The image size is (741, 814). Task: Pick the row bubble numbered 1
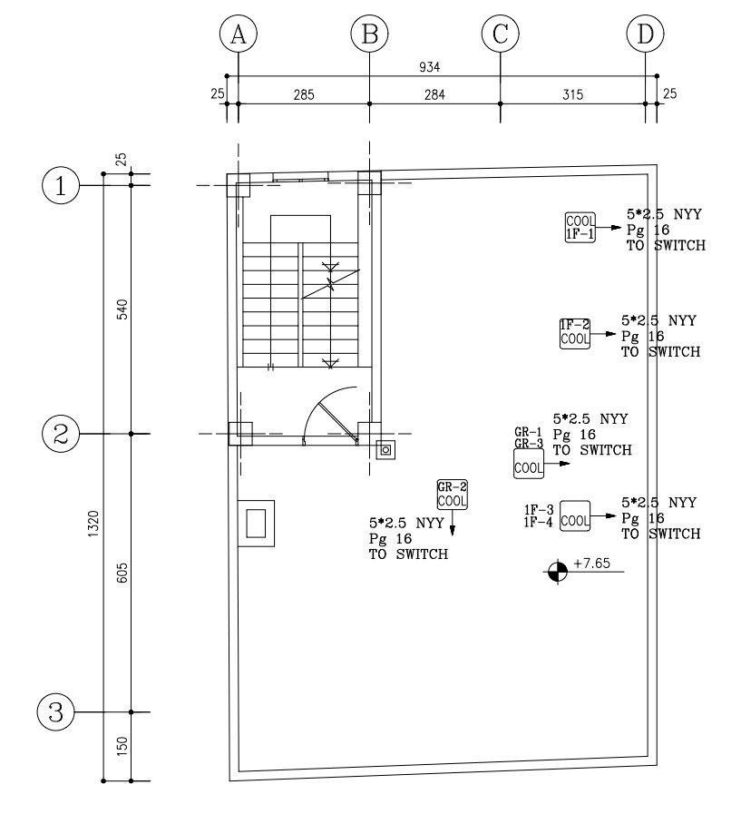pyautogui.click(x=61, y=186)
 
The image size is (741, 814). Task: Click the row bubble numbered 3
pyautogui.click(x=56, y=712)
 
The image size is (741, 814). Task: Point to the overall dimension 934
pyautogui.click(x=443, y=67)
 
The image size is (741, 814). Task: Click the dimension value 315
pyautogui.click(x=572, y=94)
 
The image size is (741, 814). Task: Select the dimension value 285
pyautogui.click(x=303, y=94)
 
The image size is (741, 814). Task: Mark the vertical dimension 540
pyautogui.click(x=122, y=309)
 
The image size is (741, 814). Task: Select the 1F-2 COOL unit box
pyautogui.click(x=574, y=332)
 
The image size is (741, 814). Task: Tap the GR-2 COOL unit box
pyautogui.click(x=451, y=495)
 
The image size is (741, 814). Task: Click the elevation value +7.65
pyautogui.click(x=592, y=564)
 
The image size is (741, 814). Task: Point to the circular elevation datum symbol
pyautogui.click(x=556, y=572)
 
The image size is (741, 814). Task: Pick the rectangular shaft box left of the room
pyautogui.click(x=256, y=524)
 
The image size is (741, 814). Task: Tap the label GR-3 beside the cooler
pyautogui.click(x=528, y=444)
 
